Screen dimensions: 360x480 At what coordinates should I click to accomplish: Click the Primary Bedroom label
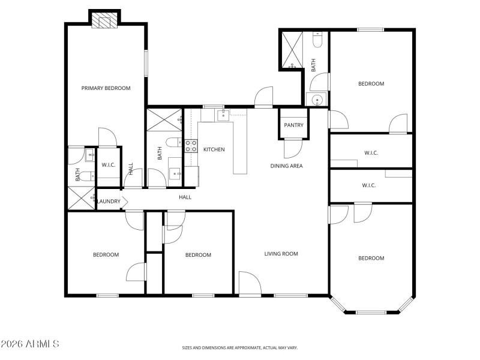click(106, 88)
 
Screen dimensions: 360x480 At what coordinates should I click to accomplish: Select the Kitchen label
click(214, 149)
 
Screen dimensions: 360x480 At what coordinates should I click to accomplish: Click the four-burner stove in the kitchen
click(191, 145)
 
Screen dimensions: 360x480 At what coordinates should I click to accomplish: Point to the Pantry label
click(293, 125)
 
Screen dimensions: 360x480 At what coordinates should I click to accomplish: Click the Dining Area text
click(286, 166)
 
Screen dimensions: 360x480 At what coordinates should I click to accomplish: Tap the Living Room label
click(281, 254)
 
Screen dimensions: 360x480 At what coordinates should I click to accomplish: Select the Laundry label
click(109, 201)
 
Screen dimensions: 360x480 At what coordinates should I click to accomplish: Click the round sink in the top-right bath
click(316, 100)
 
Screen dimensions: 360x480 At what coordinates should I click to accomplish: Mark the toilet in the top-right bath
click(318, 40)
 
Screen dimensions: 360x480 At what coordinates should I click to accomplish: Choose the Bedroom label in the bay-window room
click(371, 258)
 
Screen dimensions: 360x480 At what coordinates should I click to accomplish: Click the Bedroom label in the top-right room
click(371, 84)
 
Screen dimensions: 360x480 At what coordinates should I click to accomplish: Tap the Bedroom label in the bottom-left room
click(106, 255)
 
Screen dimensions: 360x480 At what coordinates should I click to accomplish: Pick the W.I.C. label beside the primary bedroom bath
click(109, 165)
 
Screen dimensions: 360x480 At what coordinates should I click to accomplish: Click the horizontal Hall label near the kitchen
click(185, 197)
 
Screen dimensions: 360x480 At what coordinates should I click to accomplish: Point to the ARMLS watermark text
click(30, 344)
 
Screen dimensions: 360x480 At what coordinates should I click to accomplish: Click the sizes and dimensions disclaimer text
click(240, 347)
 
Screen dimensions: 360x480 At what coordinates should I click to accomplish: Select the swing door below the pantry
click(292, 148)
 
